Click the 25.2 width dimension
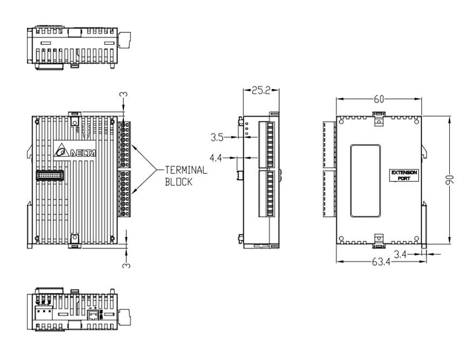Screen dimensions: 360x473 point(261,91)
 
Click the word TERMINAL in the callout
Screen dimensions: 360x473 point(186,171)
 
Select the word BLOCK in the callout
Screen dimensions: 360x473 point(179,182)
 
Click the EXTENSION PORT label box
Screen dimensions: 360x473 point(404,175)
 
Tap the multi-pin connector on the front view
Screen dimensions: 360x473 point(49,175)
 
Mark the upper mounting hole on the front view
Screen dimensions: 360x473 point(75,123)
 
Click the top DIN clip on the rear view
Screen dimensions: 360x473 point(379,115)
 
